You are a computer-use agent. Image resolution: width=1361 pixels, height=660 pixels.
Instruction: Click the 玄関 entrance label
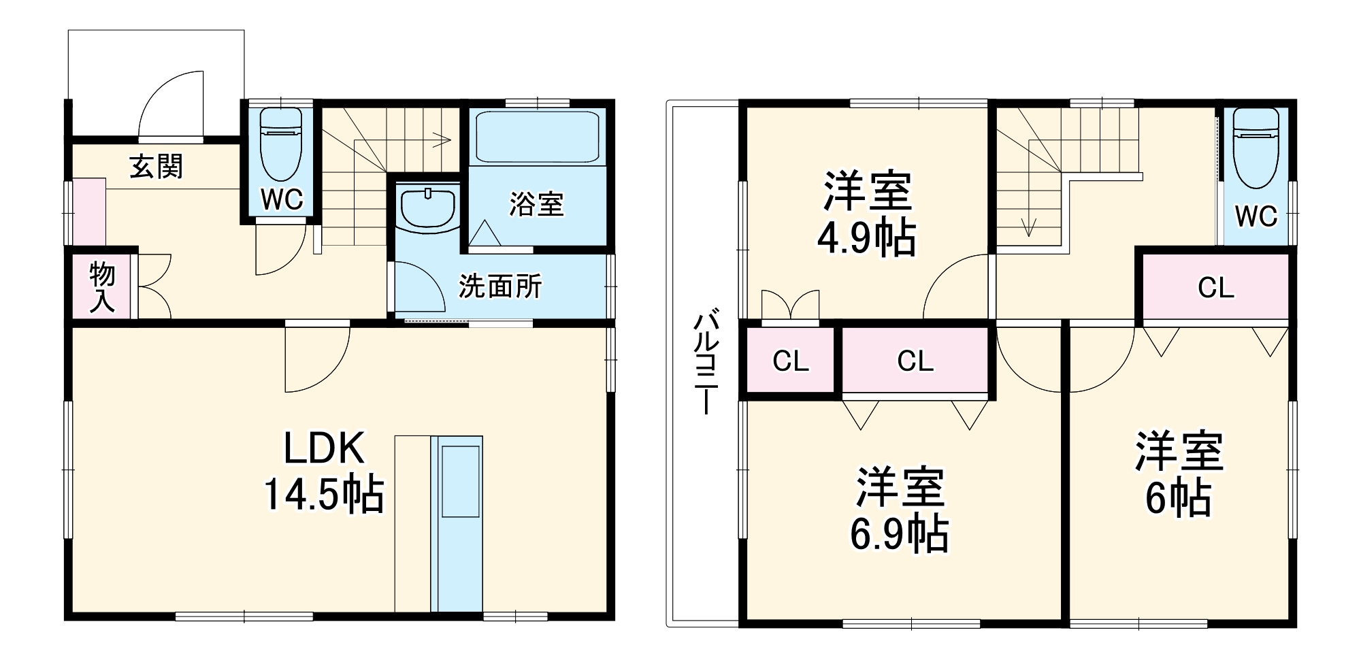click(157, 167)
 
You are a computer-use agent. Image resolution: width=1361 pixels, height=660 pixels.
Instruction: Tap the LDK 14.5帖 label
click(324, 472)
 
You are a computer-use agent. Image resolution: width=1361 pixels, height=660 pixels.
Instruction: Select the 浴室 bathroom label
click(536, 204)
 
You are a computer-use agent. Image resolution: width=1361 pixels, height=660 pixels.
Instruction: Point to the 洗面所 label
click(500, 286)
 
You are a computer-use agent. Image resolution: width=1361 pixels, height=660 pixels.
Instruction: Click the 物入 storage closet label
click(103, 288)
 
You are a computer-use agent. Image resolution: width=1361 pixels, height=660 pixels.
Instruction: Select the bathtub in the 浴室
click(537, 136)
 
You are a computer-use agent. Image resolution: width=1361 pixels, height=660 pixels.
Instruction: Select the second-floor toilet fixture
click(1256, 150)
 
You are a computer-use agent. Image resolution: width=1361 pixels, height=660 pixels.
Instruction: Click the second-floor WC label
click(1256, 216)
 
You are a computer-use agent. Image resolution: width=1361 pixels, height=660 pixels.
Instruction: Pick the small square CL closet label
click(790, 361)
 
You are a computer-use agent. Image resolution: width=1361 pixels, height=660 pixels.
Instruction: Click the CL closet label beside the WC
click(1216, 288)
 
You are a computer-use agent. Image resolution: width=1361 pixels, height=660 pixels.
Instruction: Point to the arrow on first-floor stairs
click(439, 141)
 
